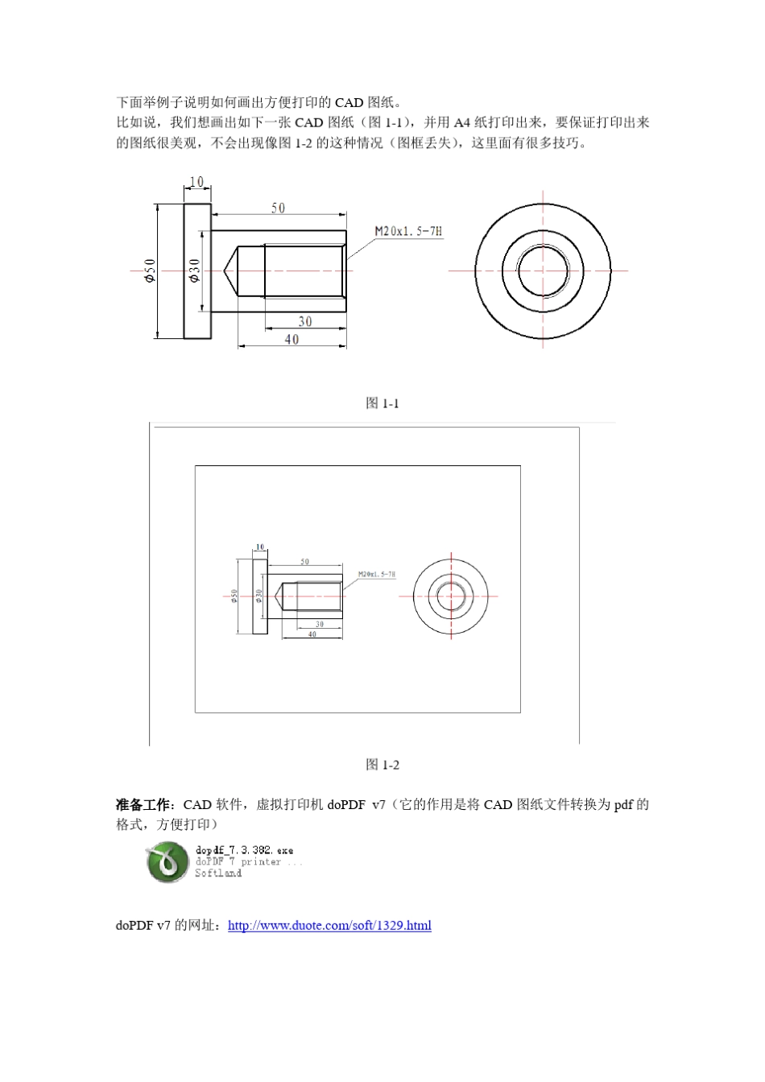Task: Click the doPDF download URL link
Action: click(x=329, y=926)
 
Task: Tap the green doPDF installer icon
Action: click(x=167, y=861)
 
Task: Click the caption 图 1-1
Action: click(x=382, y=403)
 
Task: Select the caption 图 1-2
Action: click(x=382, y=765)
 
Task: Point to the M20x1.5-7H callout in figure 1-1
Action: click(x=408, y=231)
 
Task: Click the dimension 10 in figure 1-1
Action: click(x=196, y=182)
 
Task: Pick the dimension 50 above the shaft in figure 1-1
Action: click(x=278, y=208)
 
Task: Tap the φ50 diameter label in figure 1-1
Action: click(x=149, y=270)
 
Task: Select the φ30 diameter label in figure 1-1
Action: click(x=193, y=270)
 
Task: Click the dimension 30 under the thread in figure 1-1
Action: click(x=305, y=321)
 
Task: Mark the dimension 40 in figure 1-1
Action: click(x=292, y=340)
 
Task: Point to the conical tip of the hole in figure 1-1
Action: click(x=230, y=271)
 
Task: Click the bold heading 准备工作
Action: click(x=143, y=805)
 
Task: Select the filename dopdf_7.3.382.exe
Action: click(x=244, y=850)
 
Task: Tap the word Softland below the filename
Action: click(x=218, y=873)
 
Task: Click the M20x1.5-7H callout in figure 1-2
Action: click(x=376, y=575)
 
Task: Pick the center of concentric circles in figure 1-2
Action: click(x=451, y=597)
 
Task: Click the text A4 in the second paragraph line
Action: click(x=462, y=123)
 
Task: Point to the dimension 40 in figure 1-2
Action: click(x=312, y=634)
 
